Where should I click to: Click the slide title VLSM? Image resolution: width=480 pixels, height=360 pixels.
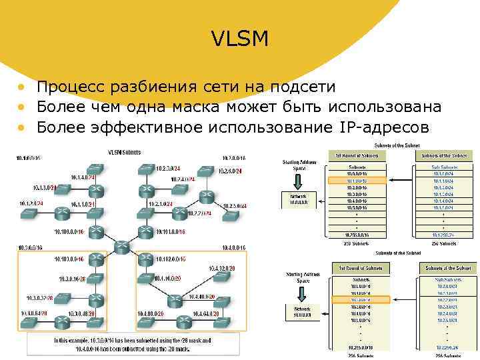pos(240,39)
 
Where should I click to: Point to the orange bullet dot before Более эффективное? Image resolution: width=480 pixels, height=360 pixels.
pos(22,127)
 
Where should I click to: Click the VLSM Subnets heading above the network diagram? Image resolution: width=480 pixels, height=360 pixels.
pos(123,152)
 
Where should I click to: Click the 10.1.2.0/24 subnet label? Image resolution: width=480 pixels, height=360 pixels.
pos(32,203)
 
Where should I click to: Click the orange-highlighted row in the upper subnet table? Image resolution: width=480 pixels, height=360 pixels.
pos(356,180)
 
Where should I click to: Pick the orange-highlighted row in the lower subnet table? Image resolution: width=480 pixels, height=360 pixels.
pos(356,299)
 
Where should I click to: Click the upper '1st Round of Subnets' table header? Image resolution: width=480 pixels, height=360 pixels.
pos(356,155)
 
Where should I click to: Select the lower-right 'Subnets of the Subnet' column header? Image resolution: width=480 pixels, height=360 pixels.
pos(445,268)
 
